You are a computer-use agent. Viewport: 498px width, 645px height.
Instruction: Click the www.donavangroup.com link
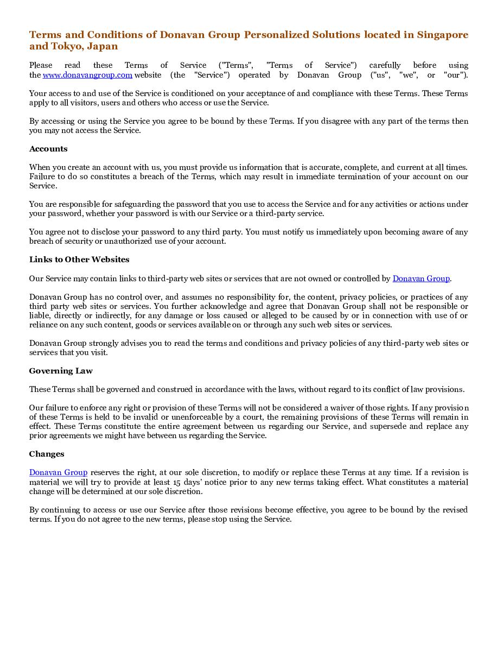click(x=87, y=75)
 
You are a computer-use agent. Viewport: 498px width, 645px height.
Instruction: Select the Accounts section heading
click(x=48, y=149)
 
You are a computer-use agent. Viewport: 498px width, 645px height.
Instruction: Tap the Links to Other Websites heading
click(x=79, y=260)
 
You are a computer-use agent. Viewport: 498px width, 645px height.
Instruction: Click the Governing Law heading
click(x=61, y=371)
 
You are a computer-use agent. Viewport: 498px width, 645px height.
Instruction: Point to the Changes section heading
click(x=47, y=454)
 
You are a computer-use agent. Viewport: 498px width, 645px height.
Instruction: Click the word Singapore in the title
click(x=443, y=35)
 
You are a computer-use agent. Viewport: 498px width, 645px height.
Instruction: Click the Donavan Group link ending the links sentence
click(x=421, y=279)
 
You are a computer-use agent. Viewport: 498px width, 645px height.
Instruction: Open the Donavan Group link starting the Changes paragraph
click(x=58, y=473)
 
